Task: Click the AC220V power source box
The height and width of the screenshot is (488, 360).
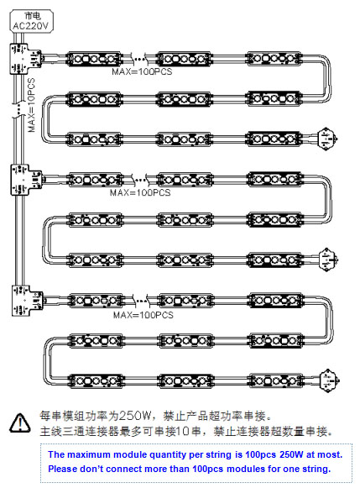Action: pyautogui.click(x=31, y=21)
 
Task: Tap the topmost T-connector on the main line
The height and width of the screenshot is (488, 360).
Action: pyautogui.click(x=25, y=59)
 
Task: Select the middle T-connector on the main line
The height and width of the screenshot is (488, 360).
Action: pyautogui.click(x=26, y=180)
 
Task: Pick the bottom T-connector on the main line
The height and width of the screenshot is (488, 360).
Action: pyautogui.click(x=27, y=301)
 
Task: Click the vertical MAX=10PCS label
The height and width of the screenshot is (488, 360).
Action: pyautogui.click(x=32, y=105)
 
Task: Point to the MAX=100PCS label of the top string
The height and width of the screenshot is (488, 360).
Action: pyautogui.click(x=142, y=71)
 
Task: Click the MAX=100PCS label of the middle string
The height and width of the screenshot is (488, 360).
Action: pyautogui.click(x=140, y=192)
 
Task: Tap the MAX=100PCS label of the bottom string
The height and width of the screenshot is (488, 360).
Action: pyautogui.click(x=143, y=315)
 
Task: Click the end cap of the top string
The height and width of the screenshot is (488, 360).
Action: pyautogui.click(x=327, y=139)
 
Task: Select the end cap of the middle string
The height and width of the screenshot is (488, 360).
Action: pyautogui.click(x=329, y=260)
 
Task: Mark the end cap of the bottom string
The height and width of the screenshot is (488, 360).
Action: pyautogui.click(x=330, y=380)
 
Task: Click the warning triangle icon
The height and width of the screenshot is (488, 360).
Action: pyautogui.click(x=20, y=423)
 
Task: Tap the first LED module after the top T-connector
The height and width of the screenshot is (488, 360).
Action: pyautogui.click(x=94, y=59)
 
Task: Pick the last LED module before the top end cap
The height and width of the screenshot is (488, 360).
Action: pyautogui.click(x=274, y=139)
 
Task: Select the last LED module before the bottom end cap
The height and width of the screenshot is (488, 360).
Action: pyautogui.click(x=276, y=380)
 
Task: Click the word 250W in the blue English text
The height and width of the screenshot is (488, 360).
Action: pyautogui.click(x=291, y=454)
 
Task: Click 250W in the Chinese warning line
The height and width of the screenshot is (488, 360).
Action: pyautogui.click(x=135, y=416)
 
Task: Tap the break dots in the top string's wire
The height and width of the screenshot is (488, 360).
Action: pyautogui.click(x=140, y=58)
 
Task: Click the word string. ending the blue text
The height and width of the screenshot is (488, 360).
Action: pyautogui.click(x=316, y=469)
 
